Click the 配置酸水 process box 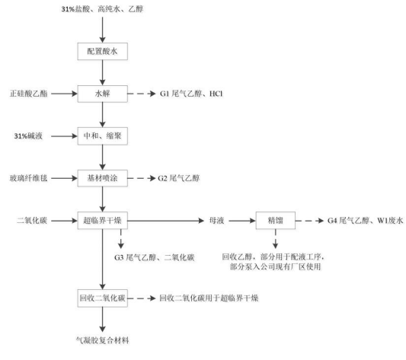click(x=103, y=51)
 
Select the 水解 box click(x=103, y=94)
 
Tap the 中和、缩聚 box click(x=103, y=136)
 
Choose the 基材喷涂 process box click(x=103, y=178)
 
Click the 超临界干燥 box click(x=103, y=221)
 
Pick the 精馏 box click(x=276, y=221)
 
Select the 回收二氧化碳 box click(x=103, y=298)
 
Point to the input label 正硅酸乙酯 click(x=29, y=94)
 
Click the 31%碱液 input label click(x=28, y=136)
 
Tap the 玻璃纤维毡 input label click(x=29, y=178)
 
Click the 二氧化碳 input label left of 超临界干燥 click(x=32, y=221)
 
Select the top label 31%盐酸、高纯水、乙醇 click(x=102, y=9)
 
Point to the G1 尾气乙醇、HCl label click(x=191, y=94)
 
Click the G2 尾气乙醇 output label click(x=179, y=178)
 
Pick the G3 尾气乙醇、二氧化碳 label click(x=155, y=257)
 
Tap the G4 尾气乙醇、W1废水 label click(x=366, y=221)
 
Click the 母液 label click(x=217, y=221)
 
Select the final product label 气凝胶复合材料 click(x=103, y=340)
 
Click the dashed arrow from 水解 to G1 click(x=142, y=94)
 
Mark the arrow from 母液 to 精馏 click(x=242, y=221)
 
